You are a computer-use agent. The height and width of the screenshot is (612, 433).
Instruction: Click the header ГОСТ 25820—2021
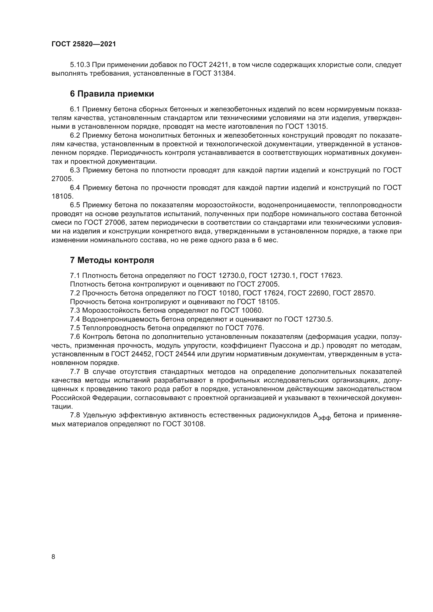click(84, 44)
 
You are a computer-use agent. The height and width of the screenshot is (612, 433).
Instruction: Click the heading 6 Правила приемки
click(112, 94)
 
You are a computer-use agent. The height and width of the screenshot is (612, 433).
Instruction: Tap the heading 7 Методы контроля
click(112, 260)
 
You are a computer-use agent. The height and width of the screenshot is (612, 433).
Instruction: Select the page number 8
click(53, 557)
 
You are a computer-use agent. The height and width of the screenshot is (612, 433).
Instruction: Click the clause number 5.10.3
click(80, 65)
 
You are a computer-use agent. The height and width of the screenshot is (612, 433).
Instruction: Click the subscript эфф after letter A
click(324, 419)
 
